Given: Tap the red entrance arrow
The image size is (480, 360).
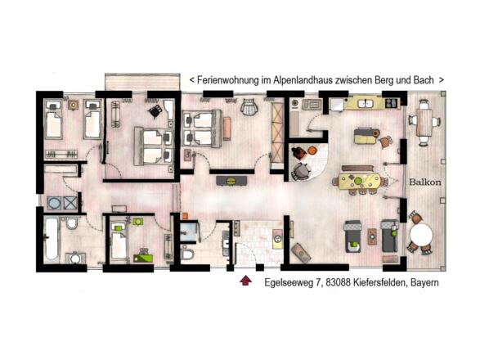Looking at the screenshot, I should pyautogui.click(x=244, y=283).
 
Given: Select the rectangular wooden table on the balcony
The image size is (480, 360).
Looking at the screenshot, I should pyautogui.click(x=424, y=124).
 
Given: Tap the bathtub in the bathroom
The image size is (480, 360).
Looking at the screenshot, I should pyautogui.click(x=52, y=236).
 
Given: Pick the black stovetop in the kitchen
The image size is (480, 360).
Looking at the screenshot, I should pyautogui.click(x=391, y=102).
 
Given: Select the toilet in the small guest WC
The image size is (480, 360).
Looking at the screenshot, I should pyautogui.click(x=187, y=256).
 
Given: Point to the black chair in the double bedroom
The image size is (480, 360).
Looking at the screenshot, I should pyautogui.click(x=153, y=111).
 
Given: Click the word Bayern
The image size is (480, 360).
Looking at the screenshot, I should pyautogui.click(x=422, y=283).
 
